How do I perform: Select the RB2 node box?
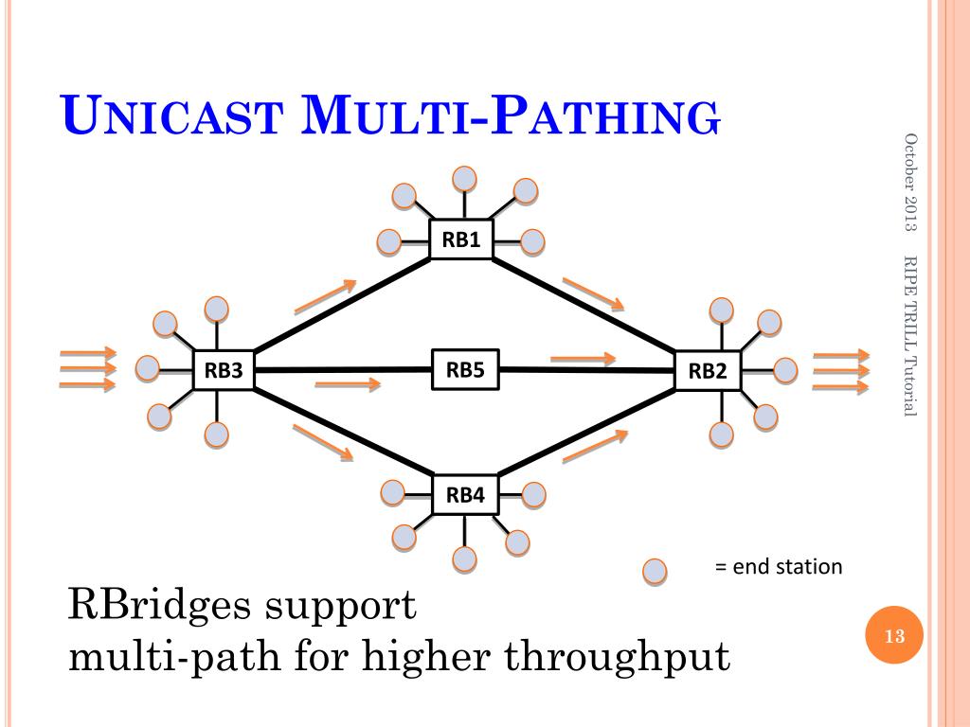click(x=707, y=371)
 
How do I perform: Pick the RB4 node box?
click(x=465, y=494)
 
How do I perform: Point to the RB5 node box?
click(x=465, y=368)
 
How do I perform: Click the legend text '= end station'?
click(x=778, y=567)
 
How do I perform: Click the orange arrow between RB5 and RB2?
click(x=583, y=358)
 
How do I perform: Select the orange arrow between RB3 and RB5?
click(x=347, y=383)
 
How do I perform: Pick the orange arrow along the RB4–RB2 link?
click(x=595, y=447)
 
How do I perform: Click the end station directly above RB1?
click(x=464, y=177)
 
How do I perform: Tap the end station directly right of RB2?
click(x=785, y=370)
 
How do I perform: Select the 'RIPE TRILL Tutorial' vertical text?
click(x=911, y=335)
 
